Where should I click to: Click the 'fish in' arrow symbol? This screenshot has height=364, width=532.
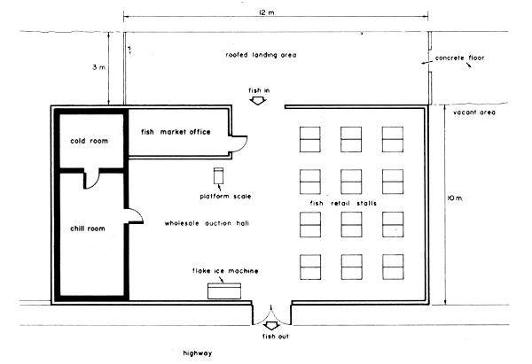coord(258,101)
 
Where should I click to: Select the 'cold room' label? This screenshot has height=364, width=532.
coord(89,139)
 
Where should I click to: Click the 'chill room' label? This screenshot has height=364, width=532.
coord(89,228)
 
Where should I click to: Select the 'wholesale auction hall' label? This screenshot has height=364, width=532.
coord(206,223)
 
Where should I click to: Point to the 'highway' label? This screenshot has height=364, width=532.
coord(198,352)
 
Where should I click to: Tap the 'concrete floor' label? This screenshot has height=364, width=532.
coord(466,58)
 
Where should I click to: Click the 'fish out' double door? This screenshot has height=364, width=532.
coord(269,314)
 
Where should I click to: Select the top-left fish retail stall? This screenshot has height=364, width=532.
coord(311,139)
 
